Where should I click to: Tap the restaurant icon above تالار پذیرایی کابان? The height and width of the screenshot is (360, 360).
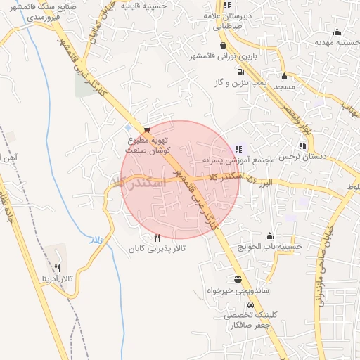coord(156,238)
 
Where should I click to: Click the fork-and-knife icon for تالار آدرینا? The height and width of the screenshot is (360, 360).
coord(58,268)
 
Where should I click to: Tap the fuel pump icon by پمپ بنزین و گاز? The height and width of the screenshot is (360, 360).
coord(241,72)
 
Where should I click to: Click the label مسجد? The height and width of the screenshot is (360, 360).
coord(284,87)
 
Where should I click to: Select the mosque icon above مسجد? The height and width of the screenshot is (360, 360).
coord(284,77)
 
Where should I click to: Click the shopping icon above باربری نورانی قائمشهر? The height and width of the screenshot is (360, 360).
coord(223,44)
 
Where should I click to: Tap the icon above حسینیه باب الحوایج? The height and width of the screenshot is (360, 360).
coord(269,236)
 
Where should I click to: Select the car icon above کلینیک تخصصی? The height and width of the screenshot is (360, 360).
coord(251,304)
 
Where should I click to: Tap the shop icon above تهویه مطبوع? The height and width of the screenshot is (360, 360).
coord(146,130)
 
